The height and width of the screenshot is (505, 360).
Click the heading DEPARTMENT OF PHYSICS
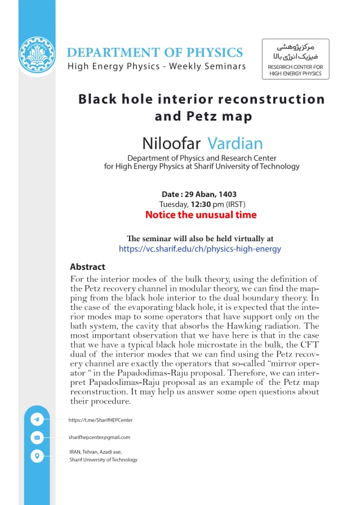155,53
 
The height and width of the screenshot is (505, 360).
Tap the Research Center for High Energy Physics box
295,59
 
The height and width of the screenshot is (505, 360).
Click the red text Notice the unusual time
201,215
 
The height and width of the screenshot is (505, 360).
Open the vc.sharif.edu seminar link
200,249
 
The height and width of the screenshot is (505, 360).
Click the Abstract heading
87,267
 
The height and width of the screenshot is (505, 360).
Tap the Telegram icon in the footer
37,419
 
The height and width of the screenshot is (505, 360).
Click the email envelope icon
37,437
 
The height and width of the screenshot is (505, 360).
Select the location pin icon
37,455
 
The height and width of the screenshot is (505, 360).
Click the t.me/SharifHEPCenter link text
100,420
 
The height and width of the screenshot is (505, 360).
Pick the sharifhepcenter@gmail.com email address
99,437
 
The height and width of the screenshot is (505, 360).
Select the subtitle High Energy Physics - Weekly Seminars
157,67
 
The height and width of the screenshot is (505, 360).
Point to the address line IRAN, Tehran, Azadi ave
95,451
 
